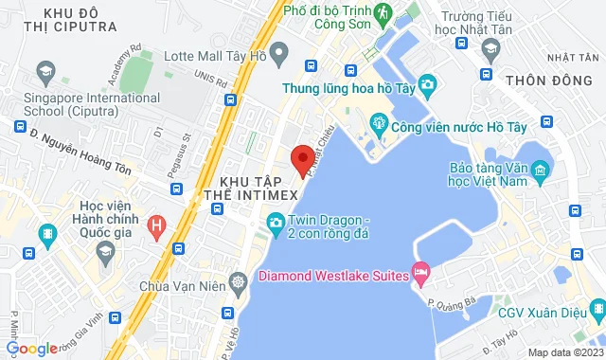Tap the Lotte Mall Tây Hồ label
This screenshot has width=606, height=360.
tap(215, 57)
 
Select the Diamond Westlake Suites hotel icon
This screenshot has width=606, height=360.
tap(422, 277)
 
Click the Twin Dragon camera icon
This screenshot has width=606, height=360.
tap(276, 223)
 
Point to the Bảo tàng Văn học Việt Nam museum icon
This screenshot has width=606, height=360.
tap(540, 171)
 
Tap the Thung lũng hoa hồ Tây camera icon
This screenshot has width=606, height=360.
tap(428, 88)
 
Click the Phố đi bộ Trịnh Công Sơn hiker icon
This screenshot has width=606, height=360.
tap(383, 14)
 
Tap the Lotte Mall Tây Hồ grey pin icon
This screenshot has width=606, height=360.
tap(278, 55)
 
